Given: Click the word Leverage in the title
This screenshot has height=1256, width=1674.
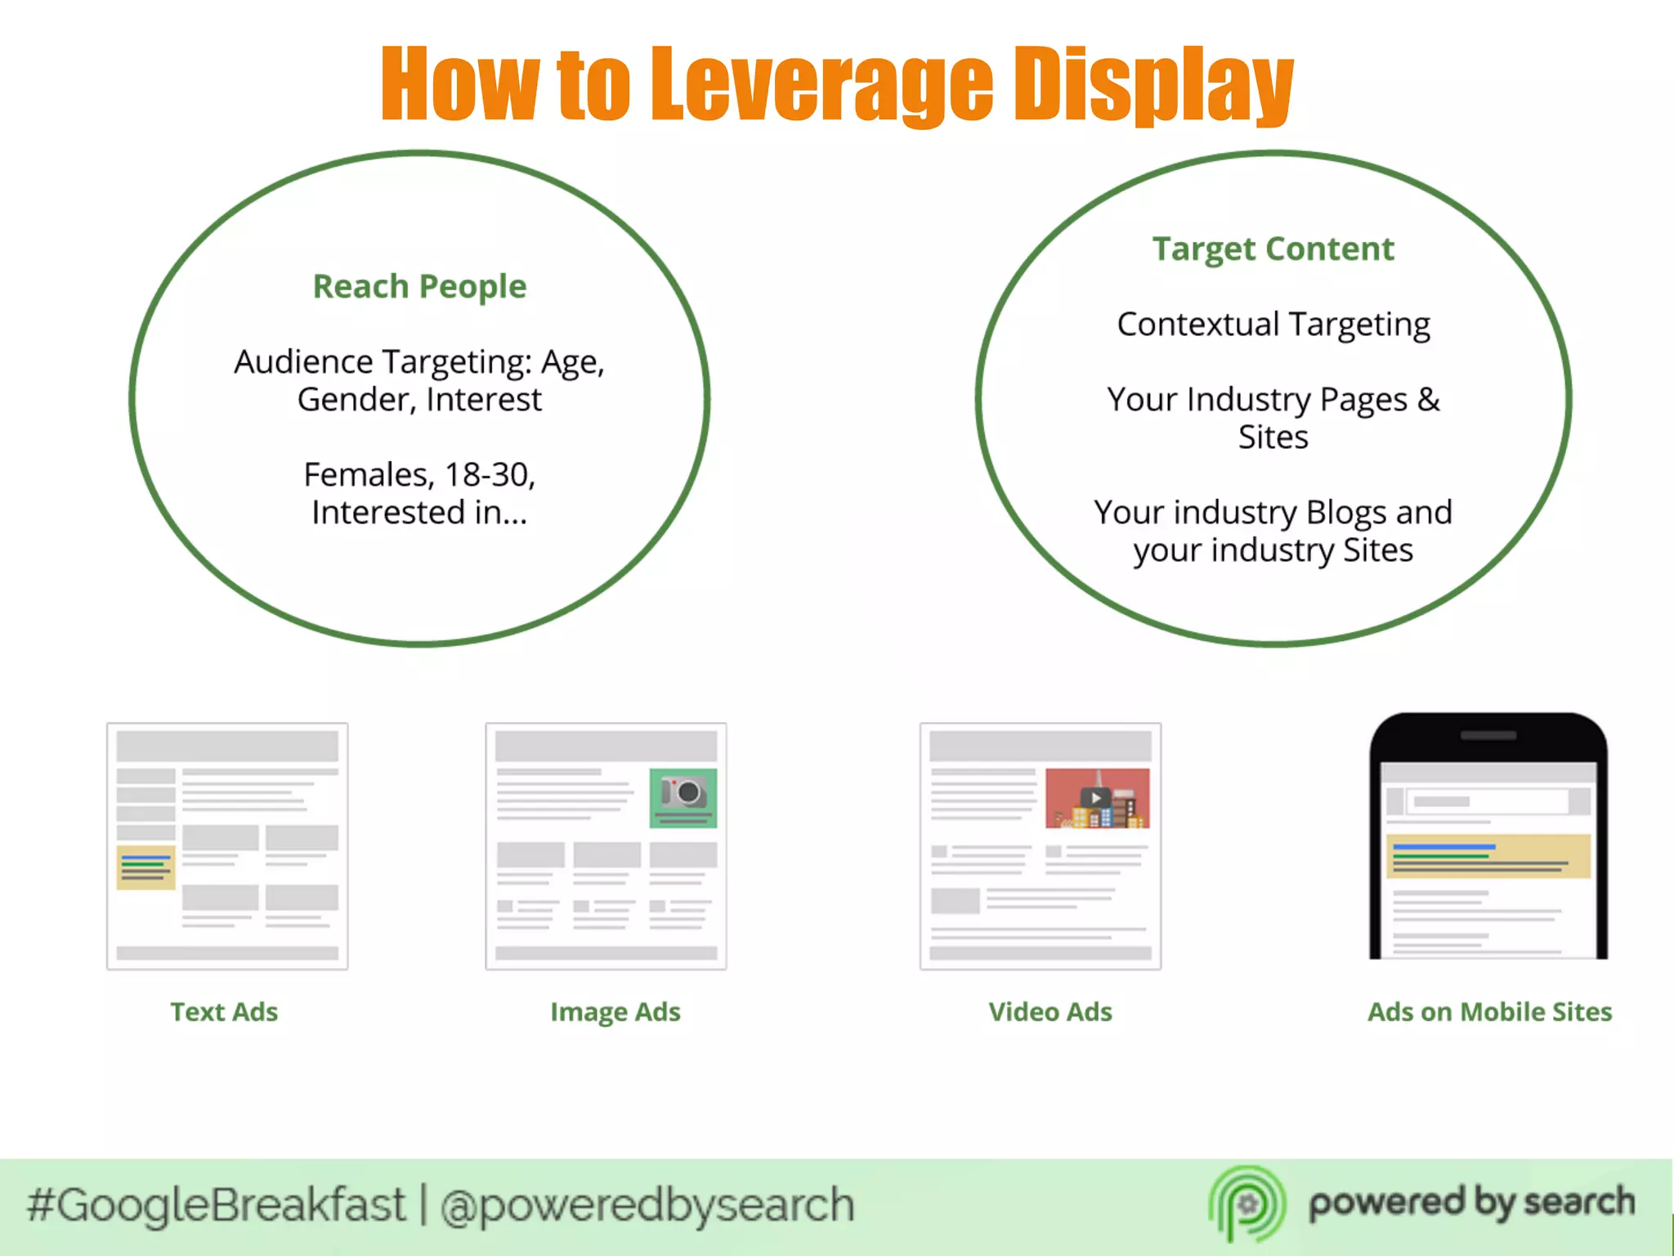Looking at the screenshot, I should pyautogui.click(x=821, y=84).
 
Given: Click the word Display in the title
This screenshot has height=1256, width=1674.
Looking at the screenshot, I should pyautogui.click(x=1153, y=84).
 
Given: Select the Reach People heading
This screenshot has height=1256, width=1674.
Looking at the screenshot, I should pyautogui.click(x=419, y=287).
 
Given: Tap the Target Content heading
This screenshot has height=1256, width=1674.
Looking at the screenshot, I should pyautogui.click(x=1273, y=249).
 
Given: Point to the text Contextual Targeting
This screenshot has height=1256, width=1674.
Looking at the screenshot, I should pyautogui.click(x=1273, y=325).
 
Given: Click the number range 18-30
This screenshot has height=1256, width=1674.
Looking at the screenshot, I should pyautogui.click(x=489, y=475).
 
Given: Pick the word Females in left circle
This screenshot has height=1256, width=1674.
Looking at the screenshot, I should pyautogui.click(x=368, y=475).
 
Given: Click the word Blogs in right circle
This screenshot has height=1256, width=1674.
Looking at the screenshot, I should pyautogui.click(x=1345, y=513).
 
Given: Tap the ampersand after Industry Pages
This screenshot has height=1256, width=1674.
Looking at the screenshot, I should pyautogui.click(x=1428, y=400).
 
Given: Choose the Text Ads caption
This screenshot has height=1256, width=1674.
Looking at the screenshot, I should pyautogui.click(x=224, y=1012).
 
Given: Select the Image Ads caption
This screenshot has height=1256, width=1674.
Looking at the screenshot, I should pyautogui.click(x=615, y=1012).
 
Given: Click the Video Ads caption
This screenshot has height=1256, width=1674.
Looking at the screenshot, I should pyautogui.click(x=1050, y=1012).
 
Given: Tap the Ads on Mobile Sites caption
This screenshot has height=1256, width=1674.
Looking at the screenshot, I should pyautogui.click(x=1489, y=1012).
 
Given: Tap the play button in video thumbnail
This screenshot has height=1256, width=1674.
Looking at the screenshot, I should pyautogui.click(x=1095, y=797).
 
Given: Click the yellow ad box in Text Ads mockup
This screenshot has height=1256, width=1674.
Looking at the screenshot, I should pyautogui.click(x=145, y=867).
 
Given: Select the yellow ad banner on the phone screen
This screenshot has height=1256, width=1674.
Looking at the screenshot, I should pyautogui.click(x=1488, y=856).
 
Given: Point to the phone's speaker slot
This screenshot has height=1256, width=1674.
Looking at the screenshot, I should pyautogui.click(x=1488, y=735).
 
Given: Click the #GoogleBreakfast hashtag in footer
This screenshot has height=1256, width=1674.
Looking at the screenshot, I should pyautogui.click(x=216, y=1205).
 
